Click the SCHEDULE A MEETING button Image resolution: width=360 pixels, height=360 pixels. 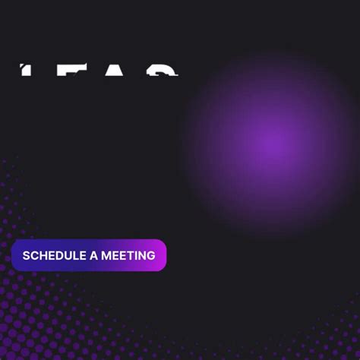point(89,255)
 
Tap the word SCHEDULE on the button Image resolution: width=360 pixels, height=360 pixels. point(55,255)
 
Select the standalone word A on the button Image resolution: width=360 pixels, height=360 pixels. point(94,255)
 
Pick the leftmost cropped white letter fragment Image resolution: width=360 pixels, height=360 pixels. point(26,71)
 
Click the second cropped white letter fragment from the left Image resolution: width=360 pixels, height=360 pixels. point(71,71)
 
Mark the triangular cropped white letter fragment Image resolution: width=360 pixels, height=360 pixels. point(115,71)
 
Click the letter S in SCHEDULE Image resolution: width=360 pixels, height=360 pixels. point(27,255)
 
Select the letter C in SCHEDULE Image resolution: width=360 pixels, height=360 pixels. point(35,255)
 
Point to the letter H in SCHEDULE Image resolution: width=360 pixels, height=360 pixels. point(44,255)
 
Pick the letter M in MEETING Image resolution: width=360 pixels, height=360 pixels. point(107,255)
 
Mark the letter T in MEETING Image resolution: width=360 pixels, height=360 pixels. point(131,255)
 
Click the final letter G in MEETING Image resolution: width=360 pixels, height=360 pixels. point(151,255)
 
